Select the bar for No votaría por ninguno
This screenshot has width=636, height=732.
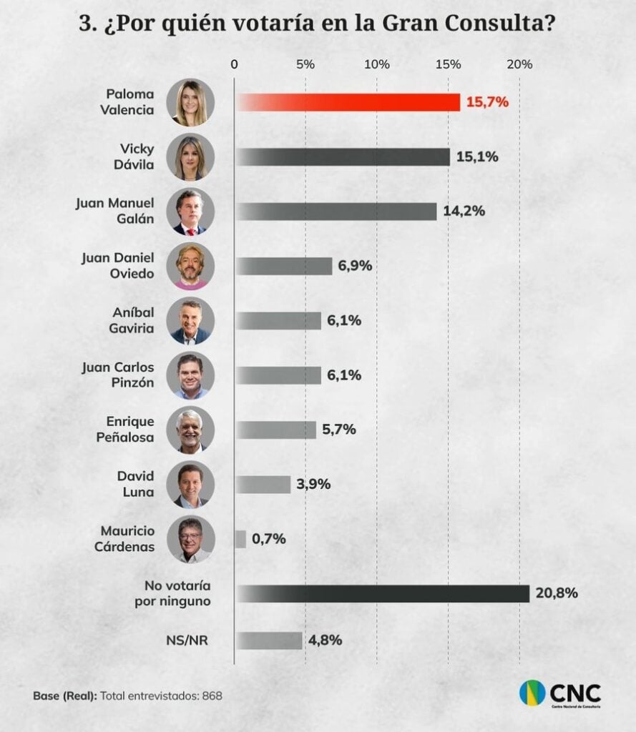(x=382, y=593)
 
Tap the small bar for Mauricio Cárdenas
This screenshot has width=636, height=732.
(x=240, y=539)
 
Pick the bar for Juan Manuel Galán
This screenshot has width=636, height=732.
(x=336, y=212)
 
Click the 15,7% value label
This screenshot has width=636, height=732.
(x=487, y=102)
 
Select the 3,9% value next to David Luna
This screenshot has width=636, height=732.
(x=313, y=485)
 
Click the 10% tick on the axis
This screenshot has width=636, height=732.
(x=377, y=64)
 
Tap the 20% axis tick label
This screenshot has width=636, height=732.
(x=519, y=64)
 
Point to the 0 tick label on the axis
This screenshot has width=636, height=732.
(x=235, y=64)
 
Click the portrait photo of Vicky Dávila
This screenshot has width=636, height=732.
(x=190, y=157)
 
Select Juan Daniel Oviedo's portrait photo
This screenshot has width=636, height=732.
(x=190, y=266)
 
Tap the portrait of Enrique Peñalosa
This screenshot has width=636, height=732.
(x=190, y=430)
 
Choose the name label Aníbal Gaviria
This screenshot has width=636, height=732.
(x=132, y=320)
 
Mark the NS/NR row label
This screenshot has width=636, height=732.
(x=191, y=640)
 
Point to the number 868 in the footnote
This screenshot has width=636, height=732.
(x=213, y=695)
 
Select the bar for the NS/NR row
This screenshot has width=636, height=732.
(x=269, y=640)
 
